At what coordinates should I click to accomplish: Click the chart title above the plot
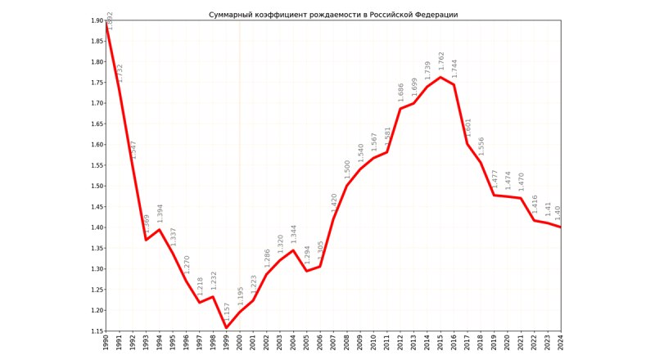[x=333, y=15]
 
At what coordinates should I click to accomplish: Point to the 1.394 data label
[x=160, y=214]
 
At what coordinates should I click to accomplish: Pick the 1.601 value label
[x=468, y=127]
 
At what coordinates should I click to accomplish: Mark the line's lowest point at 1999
[x=227, y=327]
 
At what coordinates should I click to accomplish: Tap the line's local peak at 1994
[x=160, y=230]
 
